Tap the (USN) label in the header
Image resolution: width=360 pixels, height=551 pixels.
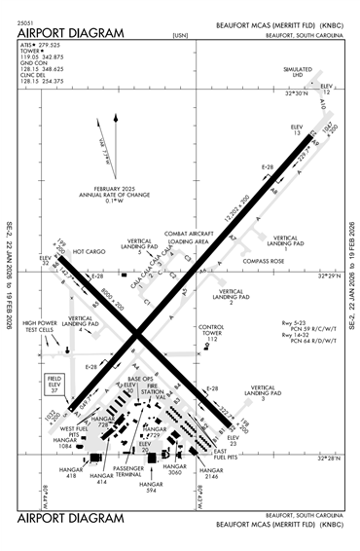[x=179, y=35]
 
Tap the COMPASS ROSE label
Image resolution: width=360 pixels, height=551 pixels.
[x=264, y=261]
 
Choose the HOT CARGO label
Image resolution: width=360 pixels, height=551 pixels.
[x=89, y=251]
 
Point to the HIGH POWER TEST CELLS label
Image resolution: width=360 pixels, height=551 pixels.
[x=41, y=326]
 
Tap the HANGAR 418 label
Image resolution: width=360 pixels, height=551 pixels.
[x=70, y=473]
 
